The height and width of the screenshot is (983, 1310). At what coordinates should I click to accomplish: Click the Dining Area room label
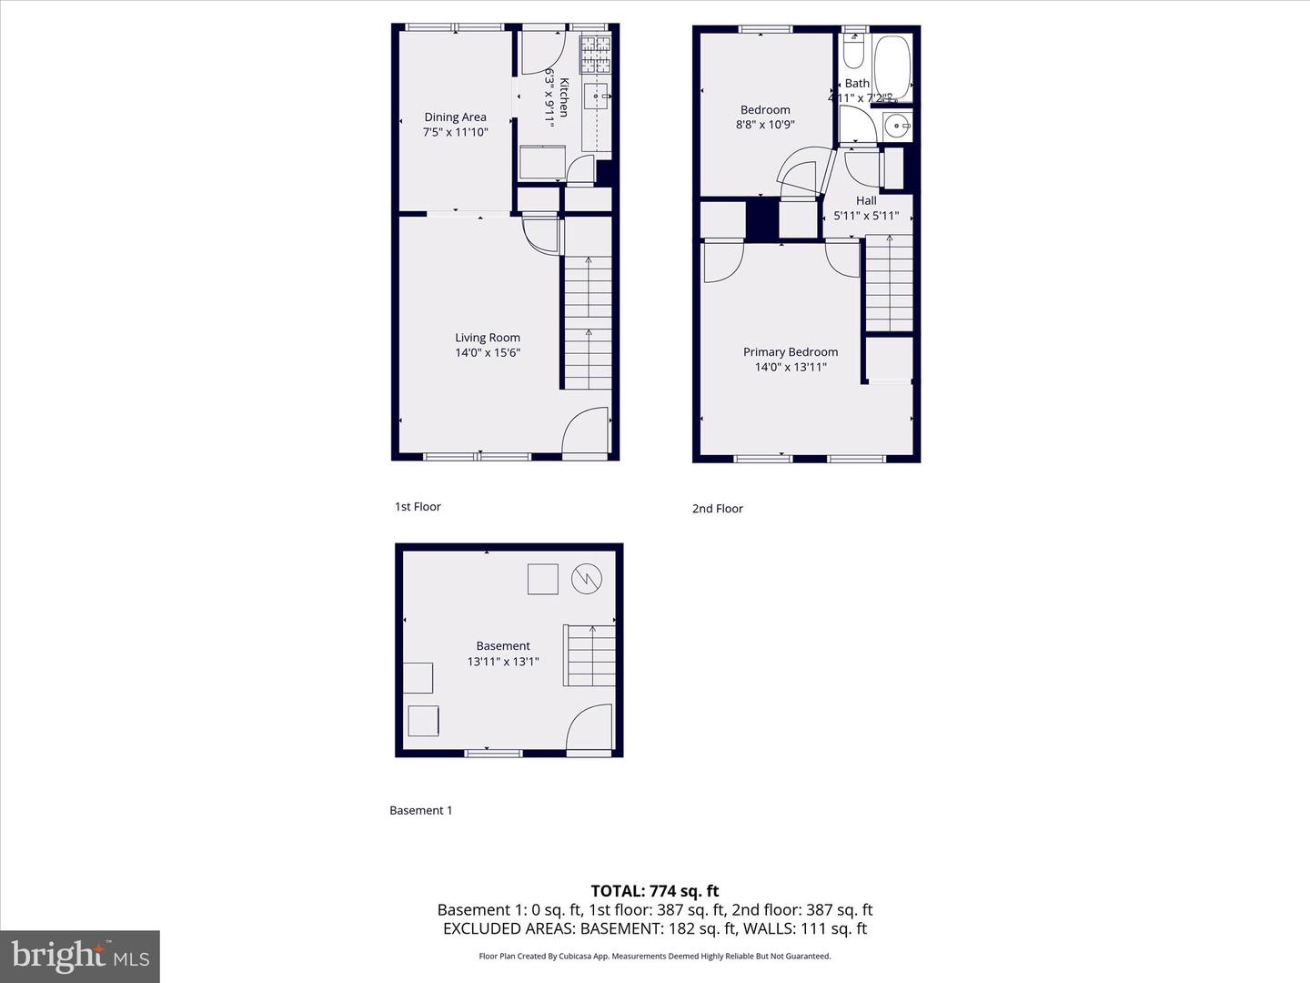click(x=455, y=117)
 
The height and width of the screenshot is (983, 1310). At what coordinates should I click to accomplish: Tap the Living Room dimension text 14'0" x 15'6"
click(x=488, y=352)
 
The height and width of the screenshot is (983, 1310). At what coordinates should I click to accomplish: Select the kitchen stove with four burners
click(x=596, y=55)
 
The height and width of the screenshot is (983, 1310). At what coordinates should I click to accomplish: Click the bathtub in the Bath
click(x=892, y=66)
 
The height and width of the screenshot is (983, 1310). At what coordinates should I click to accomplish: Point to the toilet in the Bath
click(x=853, y=52)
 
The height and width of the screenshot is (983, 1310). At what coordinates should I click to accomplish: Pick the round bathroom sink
click(x=897, y=127)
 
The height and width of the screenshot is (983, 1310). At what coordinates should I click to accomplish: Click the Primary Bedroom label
click(x=791, y=351)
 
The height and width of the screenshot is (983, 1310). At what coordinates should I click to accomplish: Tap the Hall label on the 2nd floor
click(x=866, y=200)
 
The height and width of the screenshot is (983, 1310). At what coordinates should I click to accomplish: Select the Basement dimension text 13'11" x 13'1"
click(x=503, y=662)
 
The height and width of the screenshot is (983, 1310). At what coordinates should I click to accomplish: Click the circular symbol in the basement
click(x=587, y=578)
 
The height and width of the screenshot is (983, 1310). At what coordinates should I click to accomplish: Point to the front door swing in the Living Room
click(x=585, y=431)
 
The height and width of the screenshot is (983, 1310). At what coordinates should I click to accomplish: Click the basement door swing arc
click(x=589, y=727)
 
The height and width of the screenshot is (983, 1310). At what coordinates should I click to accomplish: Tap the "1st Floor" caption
click(x=418, y=507)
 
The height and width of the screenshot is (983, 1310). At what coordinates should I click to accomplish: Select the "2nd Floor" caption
click(x=718, y=509)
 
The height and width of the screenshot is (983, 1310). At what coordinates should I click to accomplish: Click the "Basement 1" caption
click(x=420, y=810)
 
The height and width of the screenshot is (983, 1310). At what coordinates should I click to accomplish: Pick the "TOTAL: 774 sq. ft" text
click(x=655, y=891)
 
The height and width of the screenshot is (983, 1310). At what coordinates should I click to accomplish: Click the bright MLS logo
click(x=80, y=956)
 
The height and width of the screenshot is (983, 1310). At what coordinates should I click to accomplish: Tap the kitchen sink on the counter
click(x=596, y=95)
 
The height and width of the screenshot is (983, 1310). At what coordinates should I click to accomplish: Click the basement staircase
click(x=590, y=655)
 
